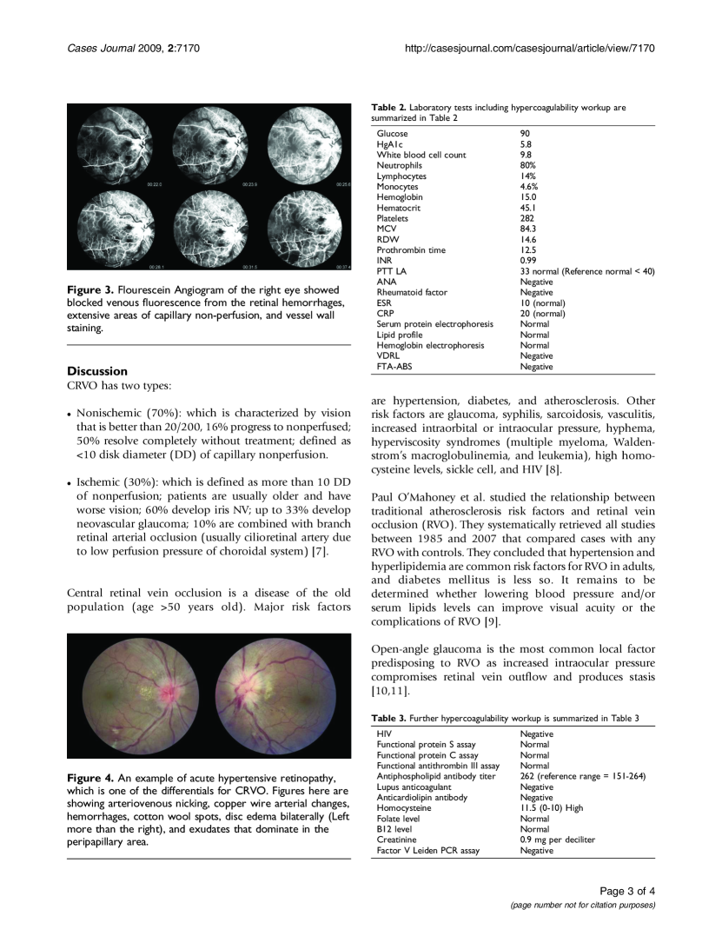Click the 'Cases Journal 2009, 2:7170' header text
(x=134, y=47)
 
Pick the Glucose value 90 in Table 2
(x=525, y=134)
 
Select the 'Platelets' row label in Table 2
(x=393, y=218)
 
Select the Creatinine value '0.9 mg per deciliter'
(x=557, y=840)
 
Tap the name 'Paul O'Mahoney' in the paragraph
(x=414, y=497)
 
